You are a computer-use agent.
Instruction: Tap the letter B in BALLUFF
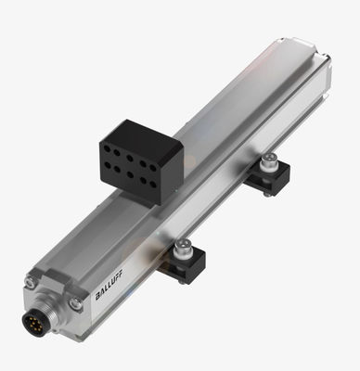(x=97, y=297)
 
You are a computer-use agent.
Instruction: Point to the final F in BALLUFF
(x=120, y=273)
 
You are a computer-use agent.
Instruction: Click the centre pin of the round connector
(x=33, y=322)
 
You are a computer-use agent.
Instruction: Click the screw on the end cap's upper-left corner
(x=30, y=282)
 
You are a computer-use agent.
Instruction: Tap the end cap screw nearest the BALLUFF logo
(x=76, y=303)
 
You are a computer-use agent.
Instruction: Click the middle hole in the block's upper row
(x=130, y=158)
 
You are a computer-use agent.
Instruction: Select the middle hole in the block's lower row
(x=130, y=174)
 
